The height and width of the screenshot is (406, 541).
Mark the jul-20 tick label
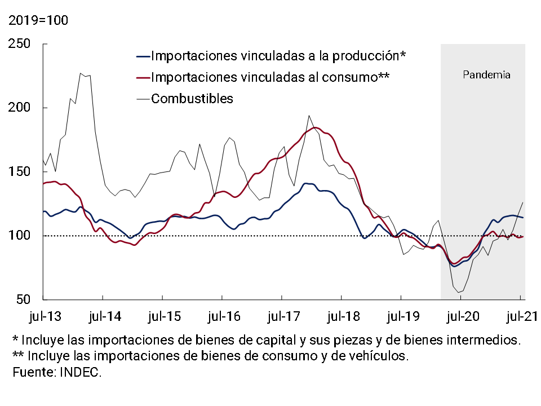point(461,316)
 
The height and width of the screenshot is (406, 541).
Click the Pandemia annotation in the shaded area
point(486,74)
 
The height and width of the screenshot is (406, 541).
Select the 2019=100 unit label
point(37,21)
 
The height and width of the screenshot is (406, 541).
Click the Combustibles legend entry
point(192,99)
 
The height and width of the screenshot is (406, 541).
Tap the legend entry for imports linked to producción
point(279,56)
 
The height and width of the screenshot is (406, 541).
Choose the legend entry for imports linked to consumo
point(270,77)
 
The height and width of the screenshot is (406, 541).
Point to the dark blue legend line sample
point(143,56)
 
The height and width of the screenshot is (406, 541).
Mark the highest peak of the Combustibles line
point(81,73)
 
